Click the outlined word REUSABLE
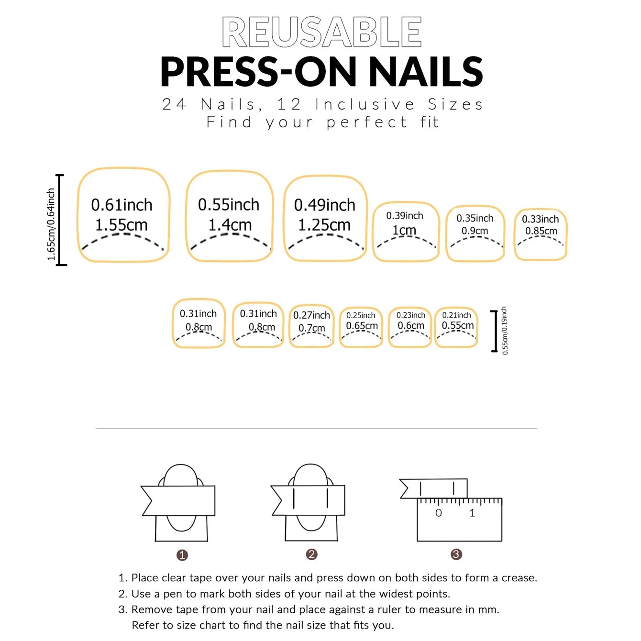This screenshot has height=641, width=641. tap(321, 32)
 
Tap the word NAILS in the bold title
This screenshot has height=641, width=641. tap(425, 72)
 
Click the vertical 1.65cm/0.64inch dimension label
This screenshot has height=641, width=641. tap(51, 224)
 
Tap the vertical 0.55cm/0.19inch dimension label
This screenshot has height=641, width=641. tap(505, 331)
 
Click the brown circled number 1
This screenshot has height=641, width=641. tap(182, 555)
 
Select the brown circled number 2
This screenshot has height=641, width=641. tap(311, 554)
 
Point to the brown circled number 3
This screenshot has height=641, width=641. tap(456, 554)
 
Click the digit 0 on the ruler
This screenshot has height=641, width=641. tap(439, 513)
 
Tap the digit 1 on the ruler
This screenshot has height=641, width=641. tap(472, 513)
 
